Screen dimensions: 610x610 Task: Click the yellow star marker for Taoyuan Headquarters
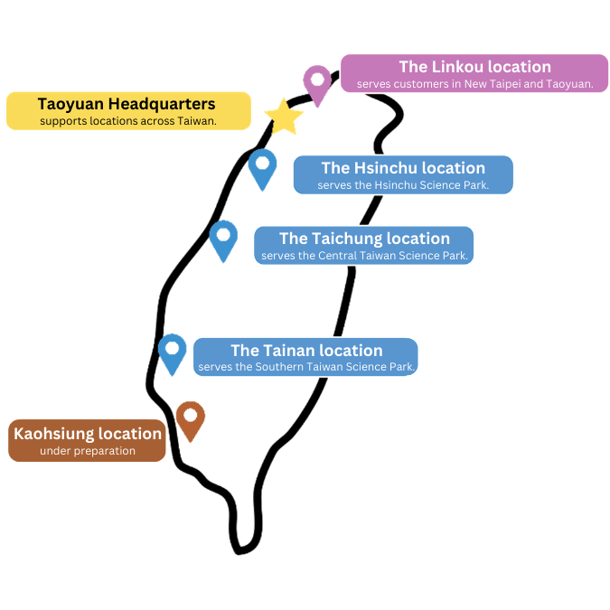(284, 117)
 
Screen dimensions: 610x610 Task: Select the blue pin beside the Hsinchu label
(262, 167)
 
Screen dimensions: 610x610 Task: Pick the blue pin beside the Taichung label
(223, 239)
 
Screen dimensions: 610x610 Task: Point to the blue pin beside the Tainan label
(172, 352)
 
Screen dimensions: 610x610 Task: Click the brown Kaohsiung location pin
(190, 418)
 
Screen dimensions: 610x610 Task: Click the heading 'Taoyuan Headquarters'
(127, 103)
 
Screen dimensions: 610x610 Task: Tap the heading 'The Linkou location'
(474, 67)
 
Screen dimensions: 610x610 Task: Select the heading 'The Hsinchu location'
(403, 168)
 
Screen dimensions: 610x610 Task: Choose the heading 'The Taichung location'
(364, 239)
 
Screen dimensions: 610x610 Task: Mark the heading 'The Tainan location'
(306, 351)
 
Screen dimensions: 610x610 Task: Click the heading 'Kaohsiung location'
(88, 434)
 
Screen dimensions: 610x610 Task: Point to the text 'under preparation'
(88, 451)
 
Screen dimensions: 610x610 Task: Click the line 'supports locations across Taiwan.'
(127, 120)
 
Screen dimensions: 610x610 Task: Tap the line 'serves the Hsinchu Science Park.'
(403, 185)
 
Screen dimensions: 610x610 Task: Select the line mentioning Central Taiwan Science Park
(364, 256)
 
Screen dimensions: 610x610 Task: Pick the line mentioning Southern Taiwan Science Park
(306, 368)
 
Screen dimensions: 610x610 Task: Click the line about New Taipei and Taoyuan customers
(474, 84)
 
